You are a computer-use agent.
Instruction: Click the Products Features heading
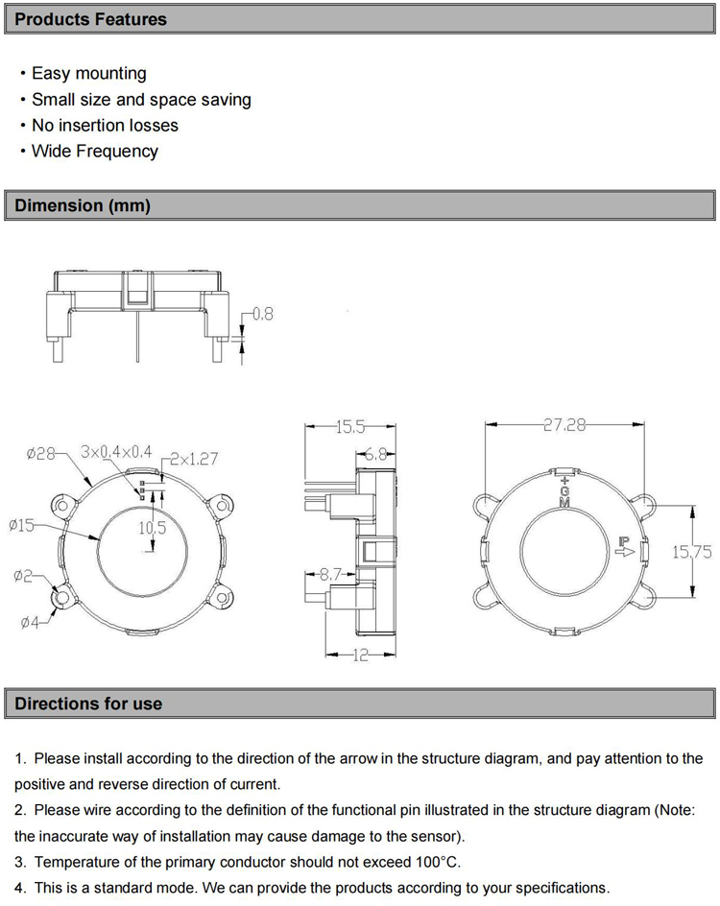(90, 19)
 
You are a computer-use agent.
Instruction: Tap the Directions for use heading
(88, 703)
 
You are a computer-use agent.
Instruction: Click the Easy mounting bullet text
(88, 73)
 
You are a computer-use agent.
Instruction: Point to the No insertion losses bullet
(105, 125)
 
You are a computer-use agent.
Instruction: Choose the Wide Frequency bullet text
(94, 151)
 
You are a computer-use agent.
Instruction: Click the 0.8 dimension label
(262, 314)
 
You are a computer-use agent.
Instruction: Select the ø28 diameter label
(41, 453)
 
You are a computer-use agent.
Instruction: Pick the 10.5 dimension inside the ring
(153, 527)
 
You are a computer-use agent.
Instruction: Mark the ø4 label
(31, 623)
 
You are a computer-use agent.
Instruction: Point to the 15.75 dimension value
(691, 552)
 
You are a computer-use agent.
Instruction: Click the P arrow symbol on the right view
(624, 546)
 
